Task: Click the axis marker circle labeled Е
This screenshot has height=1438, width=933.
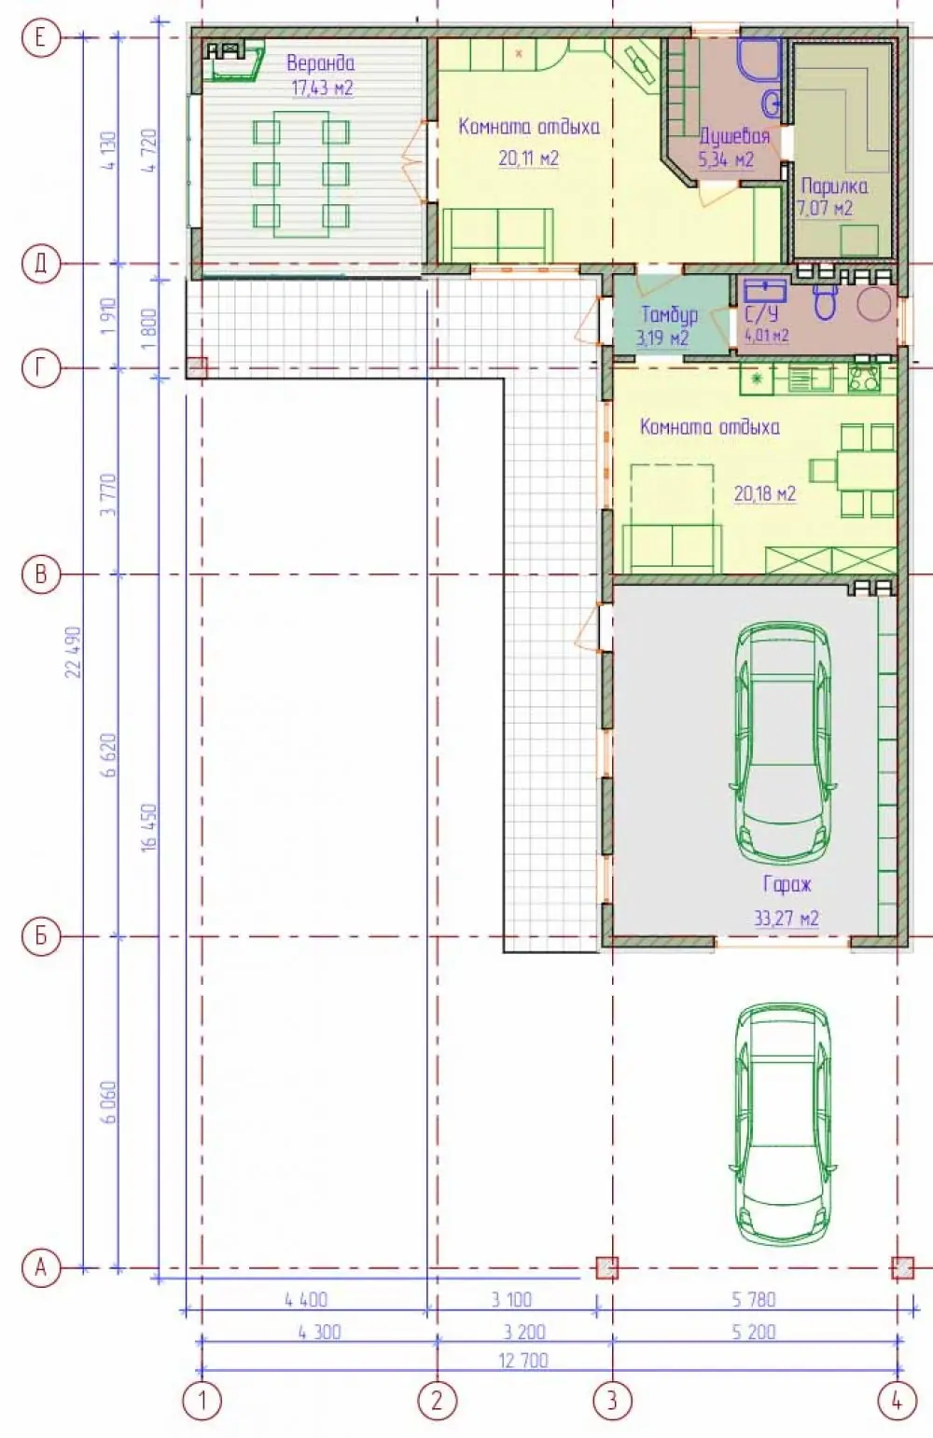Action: [x=40, y=38]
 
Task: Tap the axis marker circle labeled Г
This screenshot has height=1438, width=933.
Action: [x=40, y=368]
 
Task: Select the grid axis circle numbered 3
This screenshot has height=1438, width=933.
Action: [x=612, y=1400]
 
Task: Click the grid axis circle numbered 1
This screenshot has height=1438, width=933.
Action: [x=202, y=1400]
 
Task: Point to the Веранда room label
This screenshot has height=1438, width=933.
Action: [x=320, y=62]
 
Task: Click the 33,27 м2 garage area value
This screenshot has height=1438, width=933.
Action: [x=787, y=919]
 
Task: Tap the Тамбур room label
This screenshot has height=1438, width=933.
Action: [x=669, y=314]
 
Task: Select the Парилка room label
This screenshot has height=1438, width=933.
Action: [x=834, y=187]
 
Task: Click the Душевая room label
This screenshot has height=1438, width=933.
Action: [x=734, y=136]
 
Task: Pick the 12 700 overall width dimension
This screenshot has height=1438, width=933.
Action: [x=523, y=1361]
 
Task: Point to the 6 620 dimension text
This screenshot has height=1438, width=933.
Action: [x=110, y=755]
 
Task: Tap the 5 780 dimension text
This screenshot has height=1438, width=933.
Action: [x=754, y=1300]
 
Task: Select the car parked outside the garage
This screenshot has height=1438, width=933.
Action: [x=784, y=1124]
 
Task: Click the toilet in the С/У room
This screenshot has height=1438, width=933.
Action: [x=826, y=302]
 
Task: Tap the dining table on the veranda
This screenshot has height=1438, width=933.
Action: [x=301, y=174]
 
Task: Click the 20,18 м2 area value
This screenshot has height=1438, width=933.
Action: [x=765, y=493]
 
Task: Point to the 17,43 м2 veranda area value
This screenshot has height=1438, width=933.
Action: [x=322, y=88]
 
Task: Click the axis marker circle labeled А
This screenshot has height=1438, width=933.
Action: [x=40, y=1268]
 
